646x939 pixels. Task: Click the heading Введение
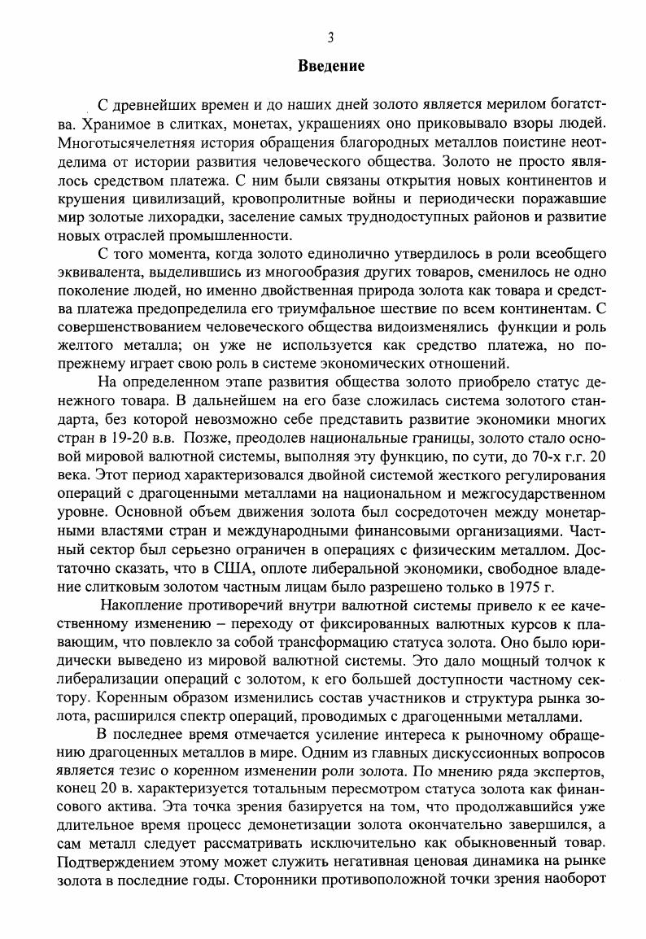(x=330, y=64)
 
